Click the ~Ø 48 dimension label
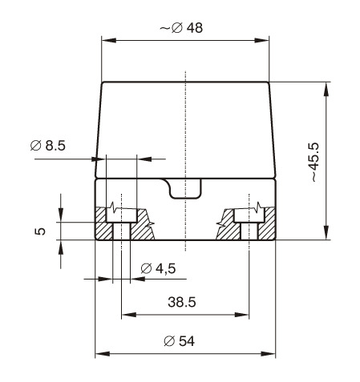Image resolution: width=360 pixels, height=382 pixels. pyautogui.click(x=181, y=28)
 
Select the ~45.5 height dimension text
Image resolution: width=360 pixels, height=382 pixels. pyautogui.click(x=313, y=163)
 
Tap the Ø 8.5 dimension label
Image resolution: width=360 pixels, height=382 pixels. pyautogui.click(x=48, y=146)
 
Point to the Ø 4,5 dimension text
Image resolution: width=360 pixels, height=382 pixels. pyautogui.click(x=158, y=268)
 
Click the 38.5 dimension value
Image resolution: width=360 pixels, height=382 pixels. pyautogui.click(x=182, y=302)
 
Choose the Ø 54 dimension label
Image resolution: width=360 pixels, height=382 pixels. pyautogui.click(x=180, y=341)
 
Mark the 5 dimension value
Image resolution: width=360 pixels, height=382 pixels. pyautogui.click(x=40, y=231)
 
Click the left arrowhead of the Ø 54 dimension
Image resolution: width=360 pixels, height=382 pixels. pyautogui.click(x=103, y=354)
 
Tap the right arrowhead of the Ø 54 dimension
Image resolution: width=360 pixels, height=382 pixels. pyautogui.click(x=268, y=354)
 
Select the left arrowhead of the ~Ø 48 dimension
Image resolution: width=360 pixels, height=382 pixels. pyautogui.click(x=109, y=41)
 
